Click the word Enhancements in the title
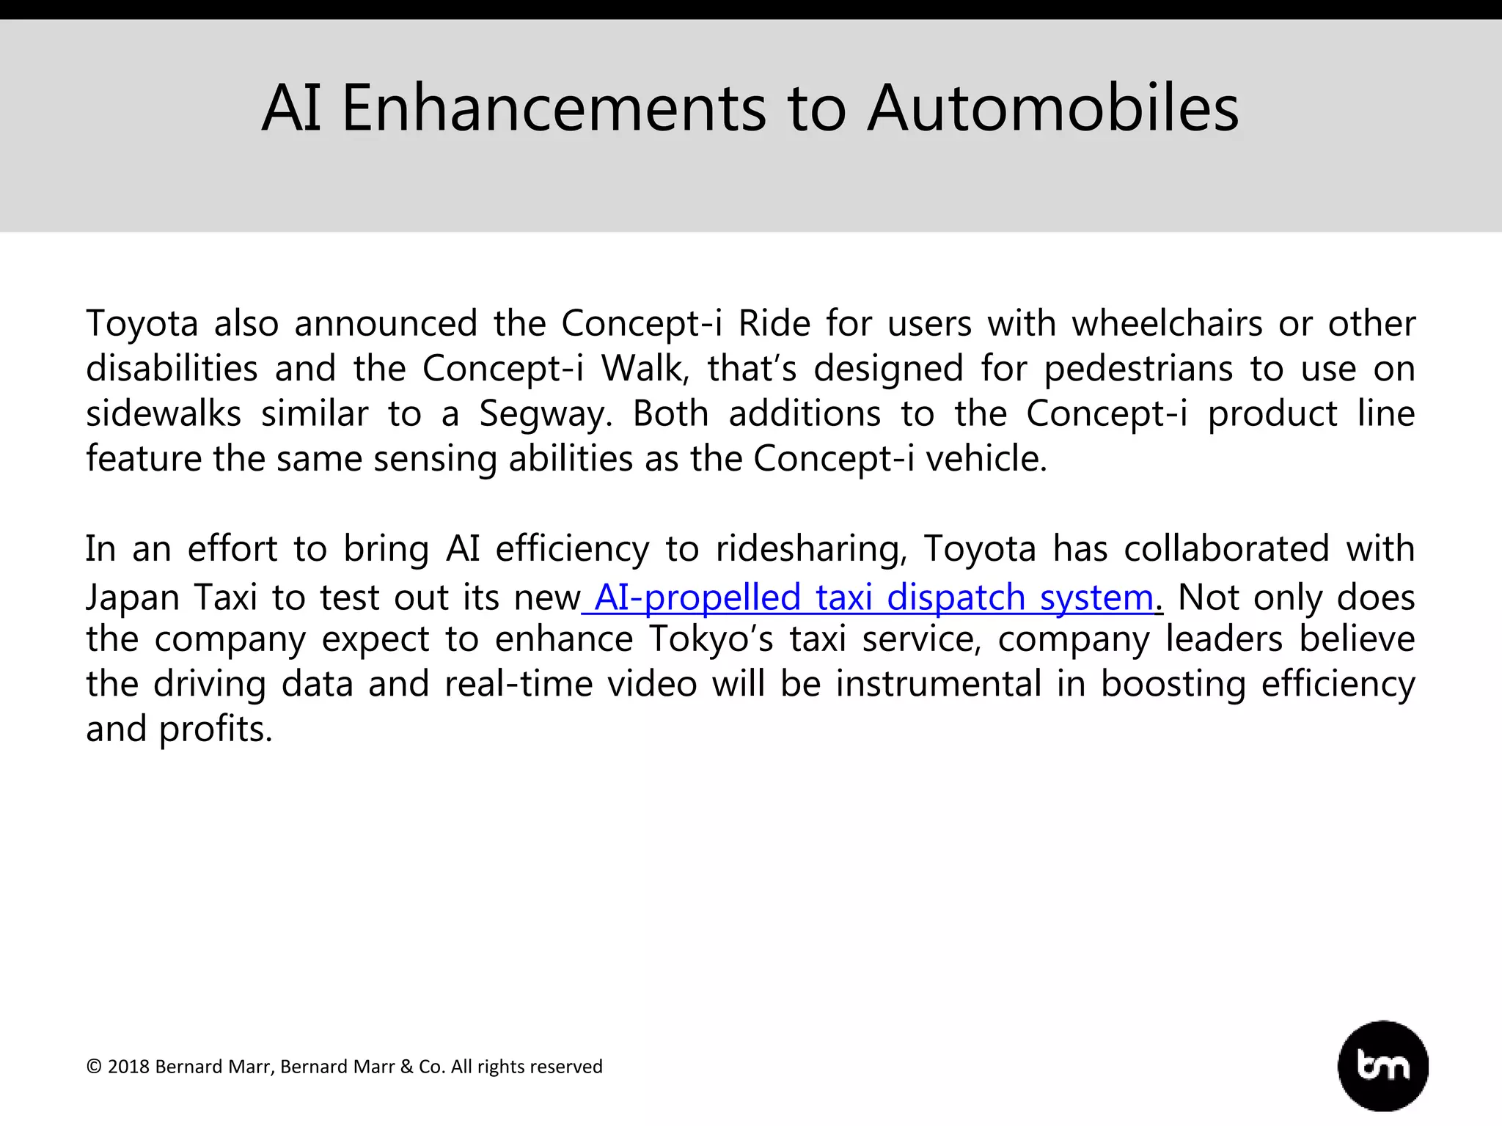tap(554, 108)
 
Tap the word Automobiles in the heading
tap(1053, 108)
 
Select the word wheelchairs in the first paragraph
tap(1167, 323)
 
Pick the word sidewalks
tap(164, 413)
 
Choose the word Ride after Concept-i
tap(774, 323)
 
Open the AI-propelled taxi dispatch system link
tap(873, 597)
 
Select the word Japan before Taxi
tap(133, 597)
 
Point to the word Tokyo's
tap(711, 639)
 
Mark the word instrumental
tap(939, 684)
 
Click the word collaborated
tap(1226, 549)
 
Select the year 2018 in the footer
tap(128, 1067)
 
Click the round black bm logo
tap(1383, 1065)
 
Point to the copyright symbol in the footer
tap(94, 1067)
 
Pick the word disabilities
tap(172, 369)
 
